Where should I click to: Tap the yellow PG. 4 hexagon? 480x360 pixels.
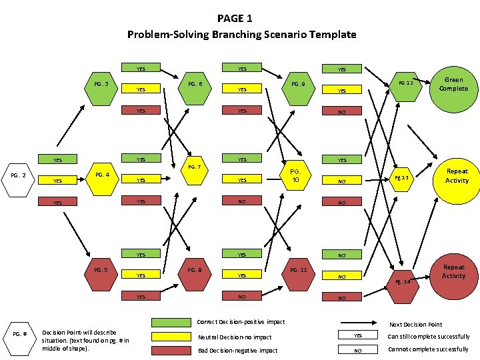pyautogui.click(x=101, y=177)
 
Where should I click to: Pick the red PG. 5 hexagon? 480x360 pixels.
pyautogui.click(x=101, y=271)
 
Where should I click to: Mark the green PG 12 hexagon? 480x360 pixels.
pyautogui.click(x=405, y=84)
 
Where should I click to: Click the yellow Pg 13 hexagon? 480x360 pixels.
pyautogui.click(x=402, y=178)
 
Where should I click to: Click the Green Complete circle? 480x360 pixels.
pyautogui.click(x=453, y=85)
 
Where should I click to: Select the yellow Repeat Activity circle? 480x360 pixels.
pyautogui.click(x=457, y=176)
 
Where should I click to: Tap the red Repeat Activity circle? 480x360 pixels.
pyautogui.click(x=453, y=271)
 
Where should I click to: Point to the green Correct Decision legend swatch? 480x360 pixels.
pyautogui.click(x=171, y=323)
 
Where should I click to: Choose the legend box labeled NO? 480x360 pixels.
pyautogui.click(x=358, y=350)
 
